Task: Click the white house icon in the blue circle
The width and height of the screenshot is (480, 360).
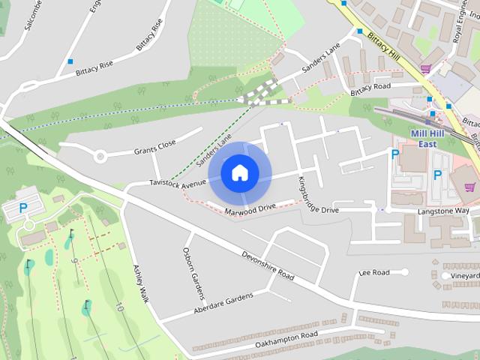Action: (x=239, y=172)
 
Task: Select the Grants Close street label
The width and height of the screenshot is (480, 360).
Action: (x=154, y=146)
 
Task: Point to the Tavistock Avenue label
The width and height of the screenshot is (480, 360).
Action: (x=177, y=182)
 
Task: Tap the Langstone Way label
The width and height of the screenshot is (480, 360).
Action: (x=442, y=211)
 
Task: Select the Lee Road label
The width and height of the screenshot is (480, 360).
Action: (x=375, y=272)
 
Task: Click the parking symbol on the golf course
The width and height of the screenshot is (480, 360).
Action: (x=22, y=208)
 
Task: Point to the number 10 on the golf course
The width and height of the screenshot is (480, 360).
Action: (x=118, y=306)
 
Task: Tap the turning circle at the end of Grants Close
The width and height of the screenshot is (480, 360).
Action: (x=100, y=157)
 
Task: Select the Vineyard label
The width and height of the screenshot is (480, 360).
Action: (x=465, y=276)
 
